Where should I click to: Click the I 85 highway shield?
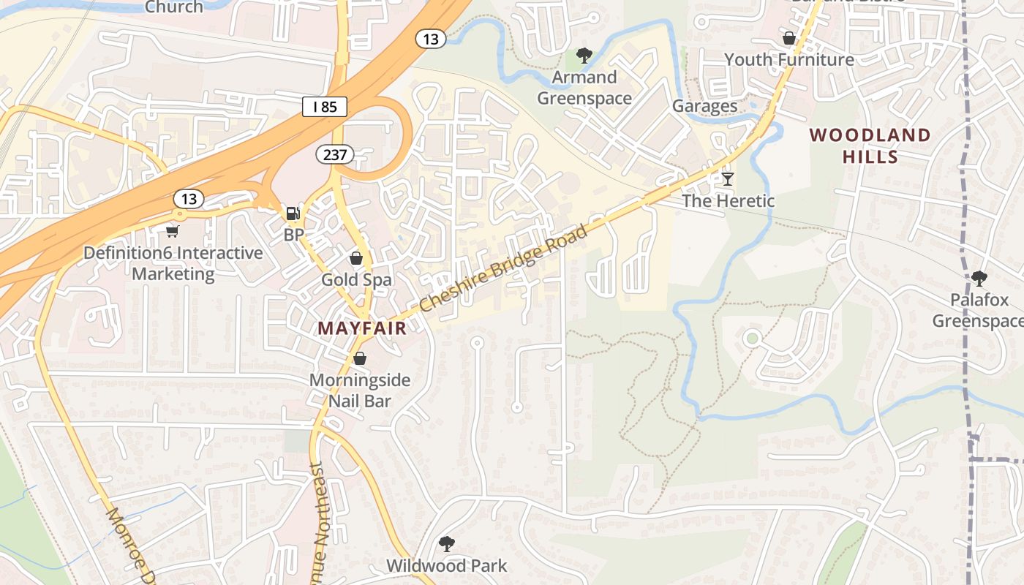324,107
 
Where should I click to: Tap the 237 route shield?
335,154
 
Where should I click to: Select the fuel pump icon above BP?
293,213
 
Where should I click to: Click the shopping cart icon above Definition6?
173,231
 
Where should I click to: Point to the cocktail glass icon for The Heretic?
727,178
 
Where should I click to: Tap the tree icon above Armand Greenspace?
584,55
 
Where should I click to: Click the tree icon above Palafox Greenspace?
979,278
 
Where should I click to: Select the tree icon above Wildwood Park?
446,544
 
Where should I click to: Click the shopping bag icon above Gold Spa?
356,258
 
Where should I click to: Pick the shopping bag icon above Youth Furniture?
789,38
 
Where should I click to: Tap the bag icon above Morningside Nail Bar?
359,358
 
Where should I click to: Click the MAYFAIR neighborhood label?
361,328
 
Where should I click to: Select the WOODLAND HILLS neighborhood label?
870,146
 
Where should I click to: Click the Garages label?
704,106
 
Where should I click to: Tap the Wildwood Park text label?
446,565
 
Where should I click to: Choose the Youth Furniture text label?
788,59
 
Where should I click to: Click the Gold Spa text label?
356,279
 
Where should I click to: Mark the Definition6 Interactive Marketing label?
173,263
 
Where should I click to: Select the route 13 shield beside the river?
431,39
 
